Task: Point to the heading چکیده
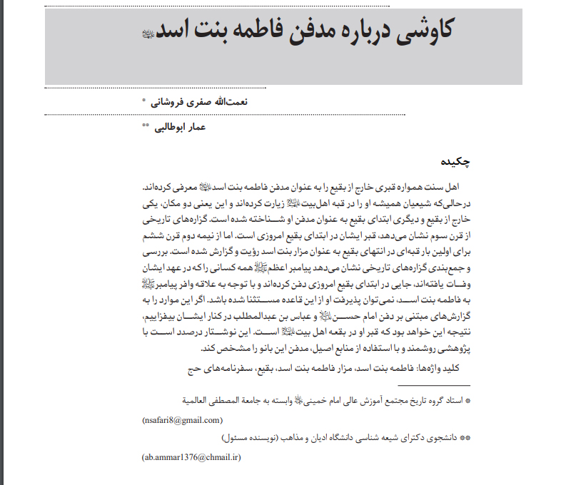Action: point(455,161)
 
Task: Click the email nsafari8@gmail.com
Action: point(182,420)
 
